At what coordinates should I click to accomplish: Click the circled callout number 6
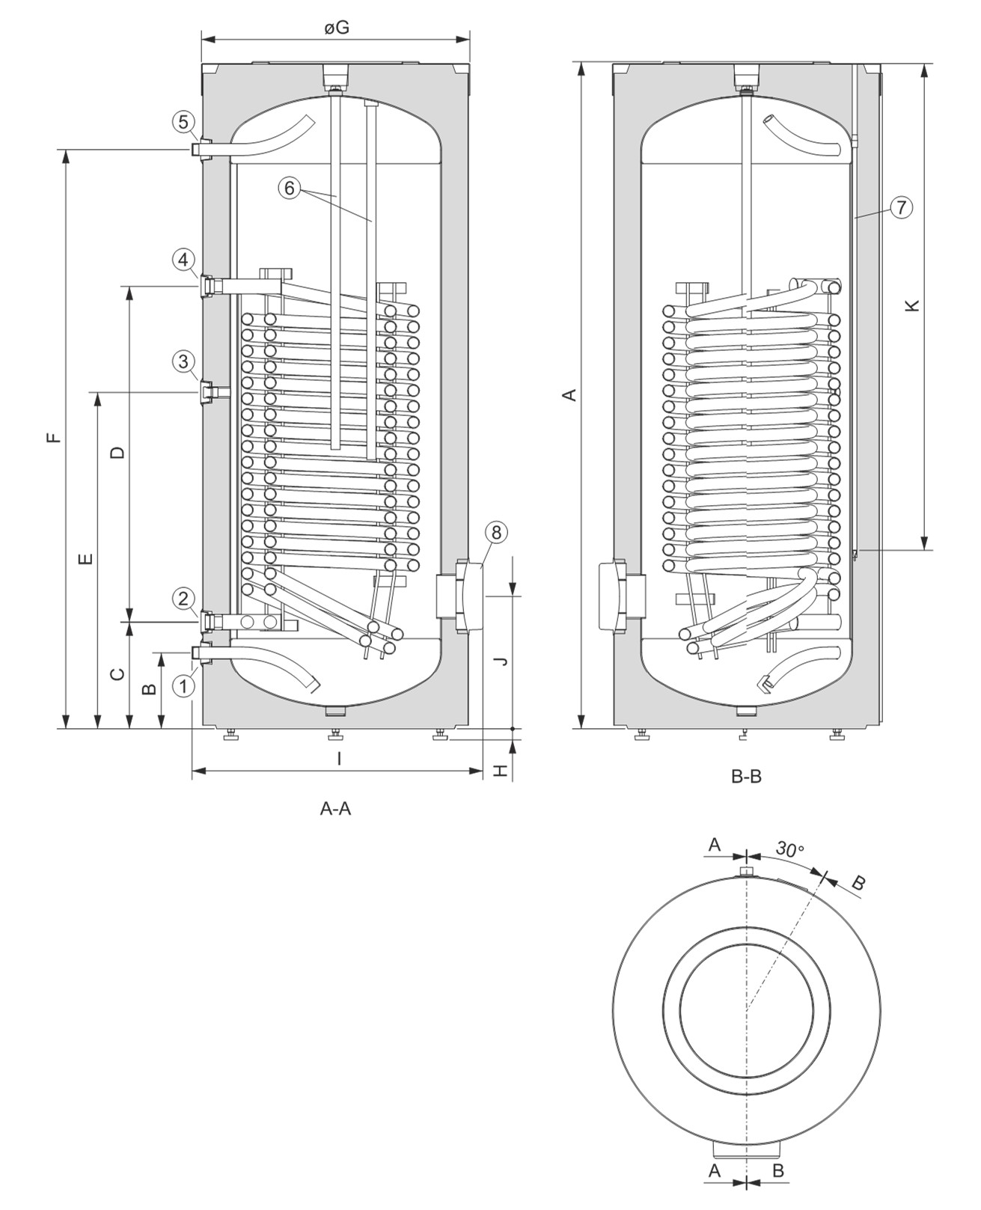pos(290,187)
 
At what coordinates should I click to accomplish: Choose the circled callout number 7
pos(902,207)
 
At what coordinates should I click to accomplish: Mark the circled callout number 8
pos(496,532)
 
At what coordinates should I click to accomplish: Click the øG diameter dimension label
pos(337,28)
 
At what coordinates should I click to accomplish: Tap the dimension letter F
pos(52,437)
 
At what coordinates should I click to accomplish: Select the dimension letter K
pos(911,305)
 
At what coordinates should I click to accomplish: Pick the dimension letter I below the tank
pos(339,759)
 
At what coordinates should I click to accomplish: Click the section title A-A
pos(335,808)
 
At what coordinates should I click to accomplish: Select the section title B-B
pos(746,777)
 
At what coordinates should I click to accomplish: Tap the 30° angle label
pos(789,849)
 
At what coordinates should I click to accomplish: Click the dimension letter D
pos(117,452)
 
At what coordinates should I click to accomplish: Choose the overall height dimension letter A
pos(570,394)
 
